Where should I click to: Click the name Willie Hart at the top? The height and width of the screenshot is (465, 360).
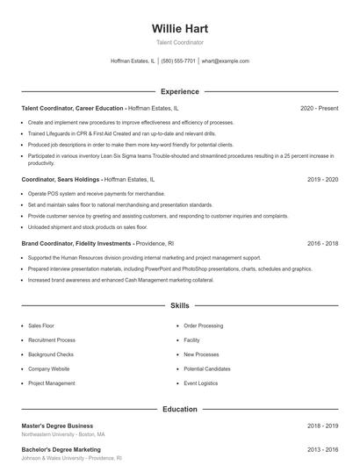pyautogui.click(x=179, y=29)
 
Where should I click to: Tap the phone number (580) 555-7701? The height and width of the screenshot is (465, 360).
pyautogui.click(x=178, y=61)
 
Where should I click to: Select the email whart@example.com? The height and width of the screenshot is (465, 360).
pyautogui.click(x=226, y=61)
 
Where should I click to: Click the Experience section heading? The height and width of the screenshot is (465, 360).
pyautogui.click(x=179, y=91)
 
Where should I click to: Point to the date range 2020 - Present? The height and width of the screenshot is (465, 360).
pyautogui.click(x=319, y=108)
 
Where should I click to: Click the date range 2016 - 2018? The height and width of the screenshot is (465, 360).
pyautogui.click(x=322, y=242)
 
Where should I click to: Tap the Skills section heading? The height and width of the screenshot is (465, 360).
pyautogui.click(x=179, y=306)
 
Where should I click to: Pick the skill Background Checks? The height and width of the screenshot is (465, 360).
pyautogui.click(x=51, y=354)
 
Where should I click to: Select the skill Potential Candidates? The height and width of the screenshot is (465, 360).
pyautogui.click(x=207, y=368)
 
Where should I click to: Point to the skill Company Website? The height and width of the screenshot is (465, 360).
pyautogui.click(x=49, y=368)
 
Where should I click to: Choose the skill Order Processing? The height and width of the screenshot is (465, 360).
pyautogui.click(x=204, y=325)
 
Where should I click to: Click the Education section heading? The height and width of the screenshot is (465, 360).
pyautogui.click(x=179, y=409)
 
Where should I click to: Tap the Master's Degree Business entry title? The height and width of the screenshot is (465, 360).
pyautogui.click(x=57, y=426)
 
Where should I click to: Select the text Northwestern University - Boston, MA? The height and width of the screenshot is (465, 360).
pyautogui.click(x=63, y=434)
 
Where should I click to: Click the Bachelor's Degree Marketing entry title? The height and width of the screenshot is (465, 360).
pyautogui.click(x=61, y=449)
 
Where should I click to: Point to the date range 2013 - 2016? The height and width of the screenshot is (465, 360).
pyautogui.click(x=322, y=449)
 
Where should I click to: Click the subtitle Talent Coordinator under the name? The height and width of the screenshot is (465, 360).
pyautogui.click(x=179, y=42)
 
